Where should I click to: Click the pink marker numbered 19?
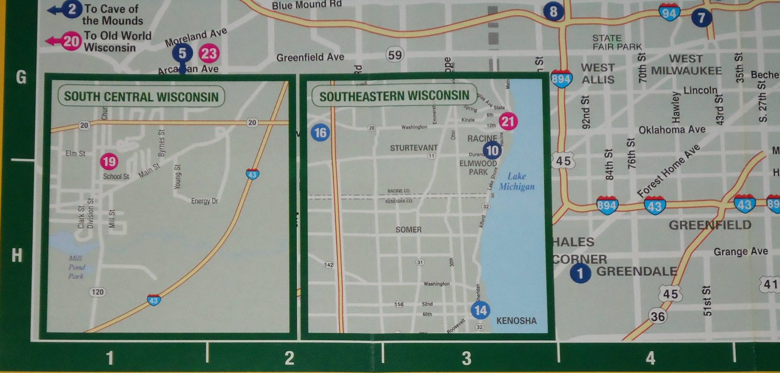pyautogui.click(x=109, y=162)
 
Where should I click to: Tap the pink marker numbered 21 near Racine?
pyautogui.click(x=508, y=122)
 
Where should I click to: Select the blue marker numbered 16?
pyautogui.click(x=320, y=133)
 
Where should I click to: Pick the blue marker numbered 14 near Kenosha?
pyautogui.click(x=480, y=311)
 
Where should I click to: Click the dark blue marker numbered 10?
pyautogui.click(x=491, y=151)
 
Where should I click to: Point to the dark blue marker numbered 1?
pyautogui.click(x=580, y=273)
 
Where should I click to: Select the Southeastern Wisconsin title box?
pyautogui.click(x=394, y=96)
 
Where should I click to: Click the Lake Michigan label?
pyautogui.click(x=516, y=181)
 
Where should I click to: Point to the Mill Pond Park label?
pyautogui.click(x=76, y=267)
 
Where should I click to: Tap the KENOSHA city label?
pyautogui.click(x=516, y=321)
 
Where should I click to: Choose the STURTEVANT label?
pyautogui.click(x=414, y=148)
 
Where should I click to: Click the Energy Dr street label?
pyautogui.click(x=204, y=201)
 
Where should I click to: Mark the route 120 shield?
pyautogui.click(x=97, y=292)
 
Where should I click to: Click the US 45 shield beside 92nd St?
pyautogui.click(x=563, y=161)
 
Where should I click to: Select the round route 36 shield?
pyautogui.click(x=658, y=315)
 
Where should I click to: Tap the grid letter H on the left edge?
pyautogui.click(x=17, y=256)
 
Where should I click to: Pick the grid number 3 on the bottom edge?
pyautogui.click(x=466, y=358)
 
